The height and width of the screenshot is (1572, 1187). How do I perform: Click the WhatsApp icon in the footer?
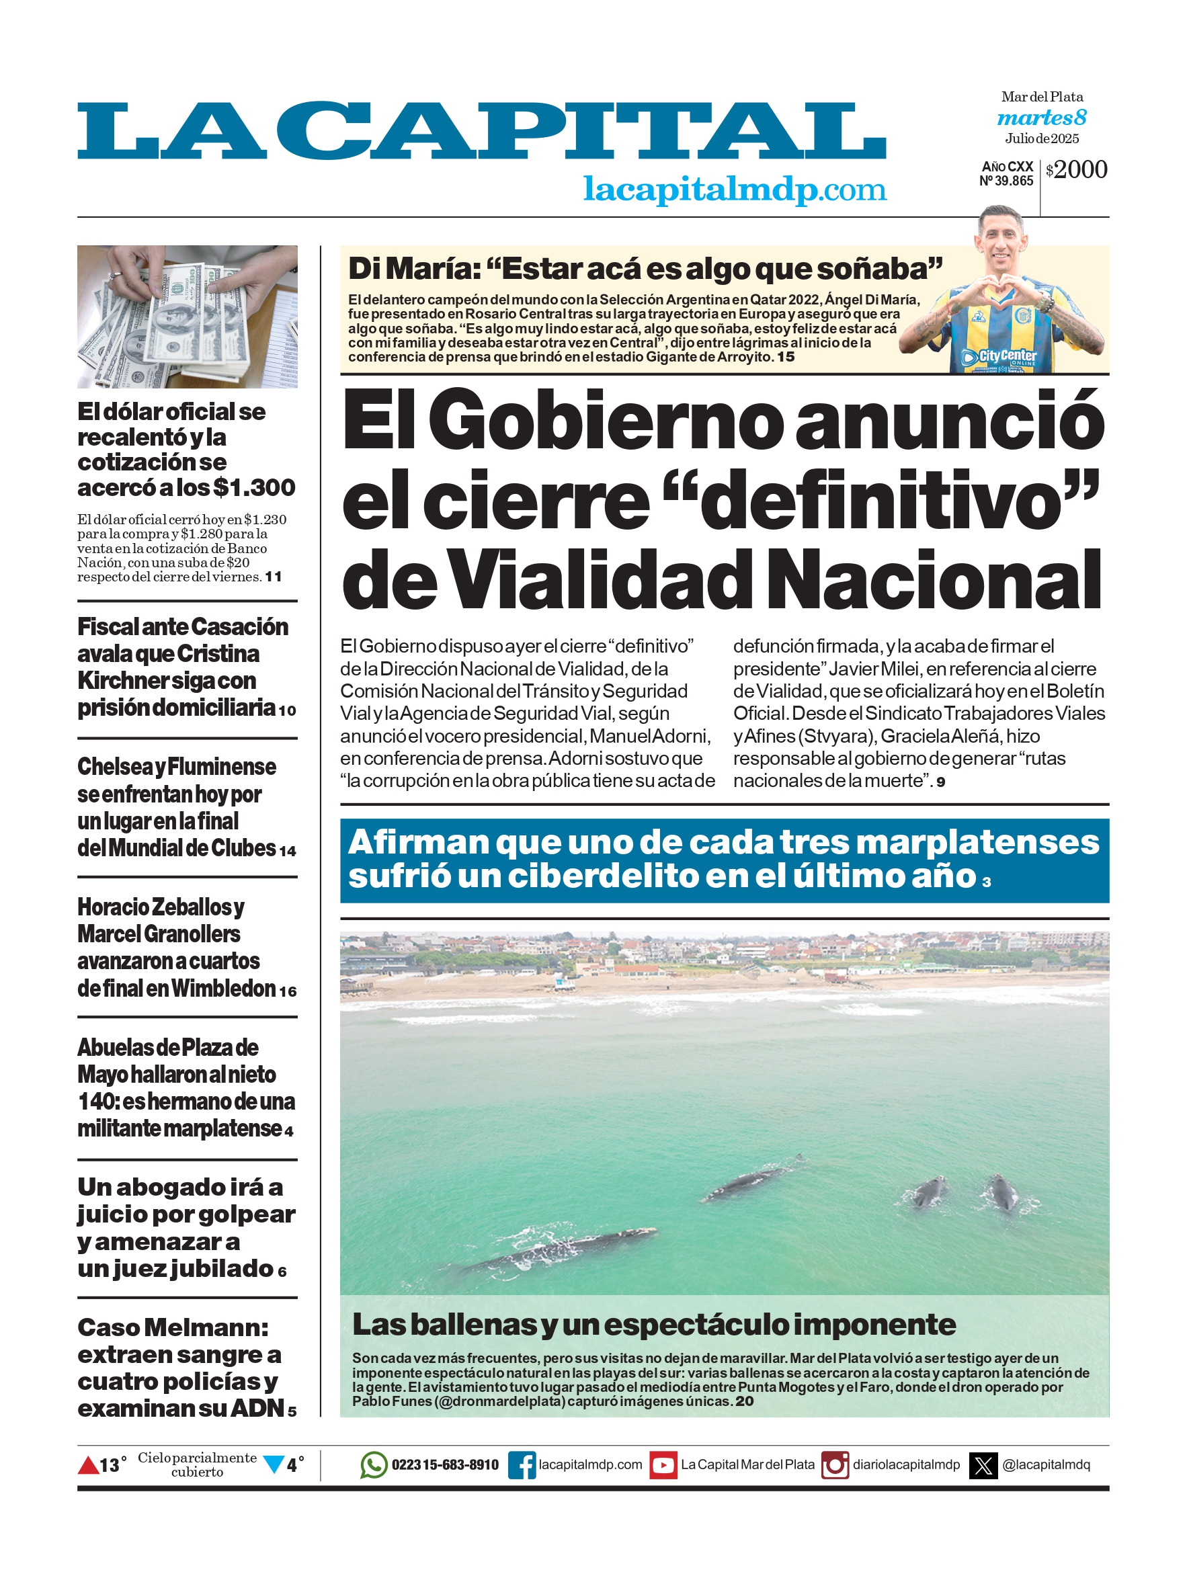373,1464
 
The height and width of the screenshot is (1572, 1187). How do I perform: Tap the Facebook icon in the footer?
522,1465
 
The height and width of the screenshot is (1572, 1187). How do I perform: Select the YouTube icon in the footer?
663,1465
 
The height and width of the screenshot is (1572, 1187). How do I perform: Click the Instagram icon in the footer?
835,1465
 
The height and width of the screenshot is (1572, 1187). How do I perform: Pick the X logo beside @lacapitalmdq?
983,1465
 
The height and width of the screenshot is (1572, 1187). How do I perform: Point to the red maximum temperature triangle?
88,1465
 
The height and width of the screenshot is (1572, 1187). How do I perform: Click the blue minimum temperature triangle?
274,1464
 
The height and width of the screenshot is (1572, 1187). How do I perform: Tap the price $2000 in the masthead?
1077,170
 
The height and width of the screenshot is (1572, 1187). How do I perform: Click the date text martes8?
1041,118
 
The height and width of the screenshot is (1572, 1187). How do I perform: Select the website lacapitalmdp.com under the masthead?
734,189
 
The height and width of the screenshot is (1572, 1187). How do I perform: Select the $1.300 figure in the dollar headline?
254,487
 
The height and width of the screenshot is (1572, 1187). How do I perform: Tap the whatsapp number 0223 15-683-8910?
445,1465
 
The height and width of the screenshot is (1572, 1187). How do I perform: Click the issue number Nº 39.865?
1006,181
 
